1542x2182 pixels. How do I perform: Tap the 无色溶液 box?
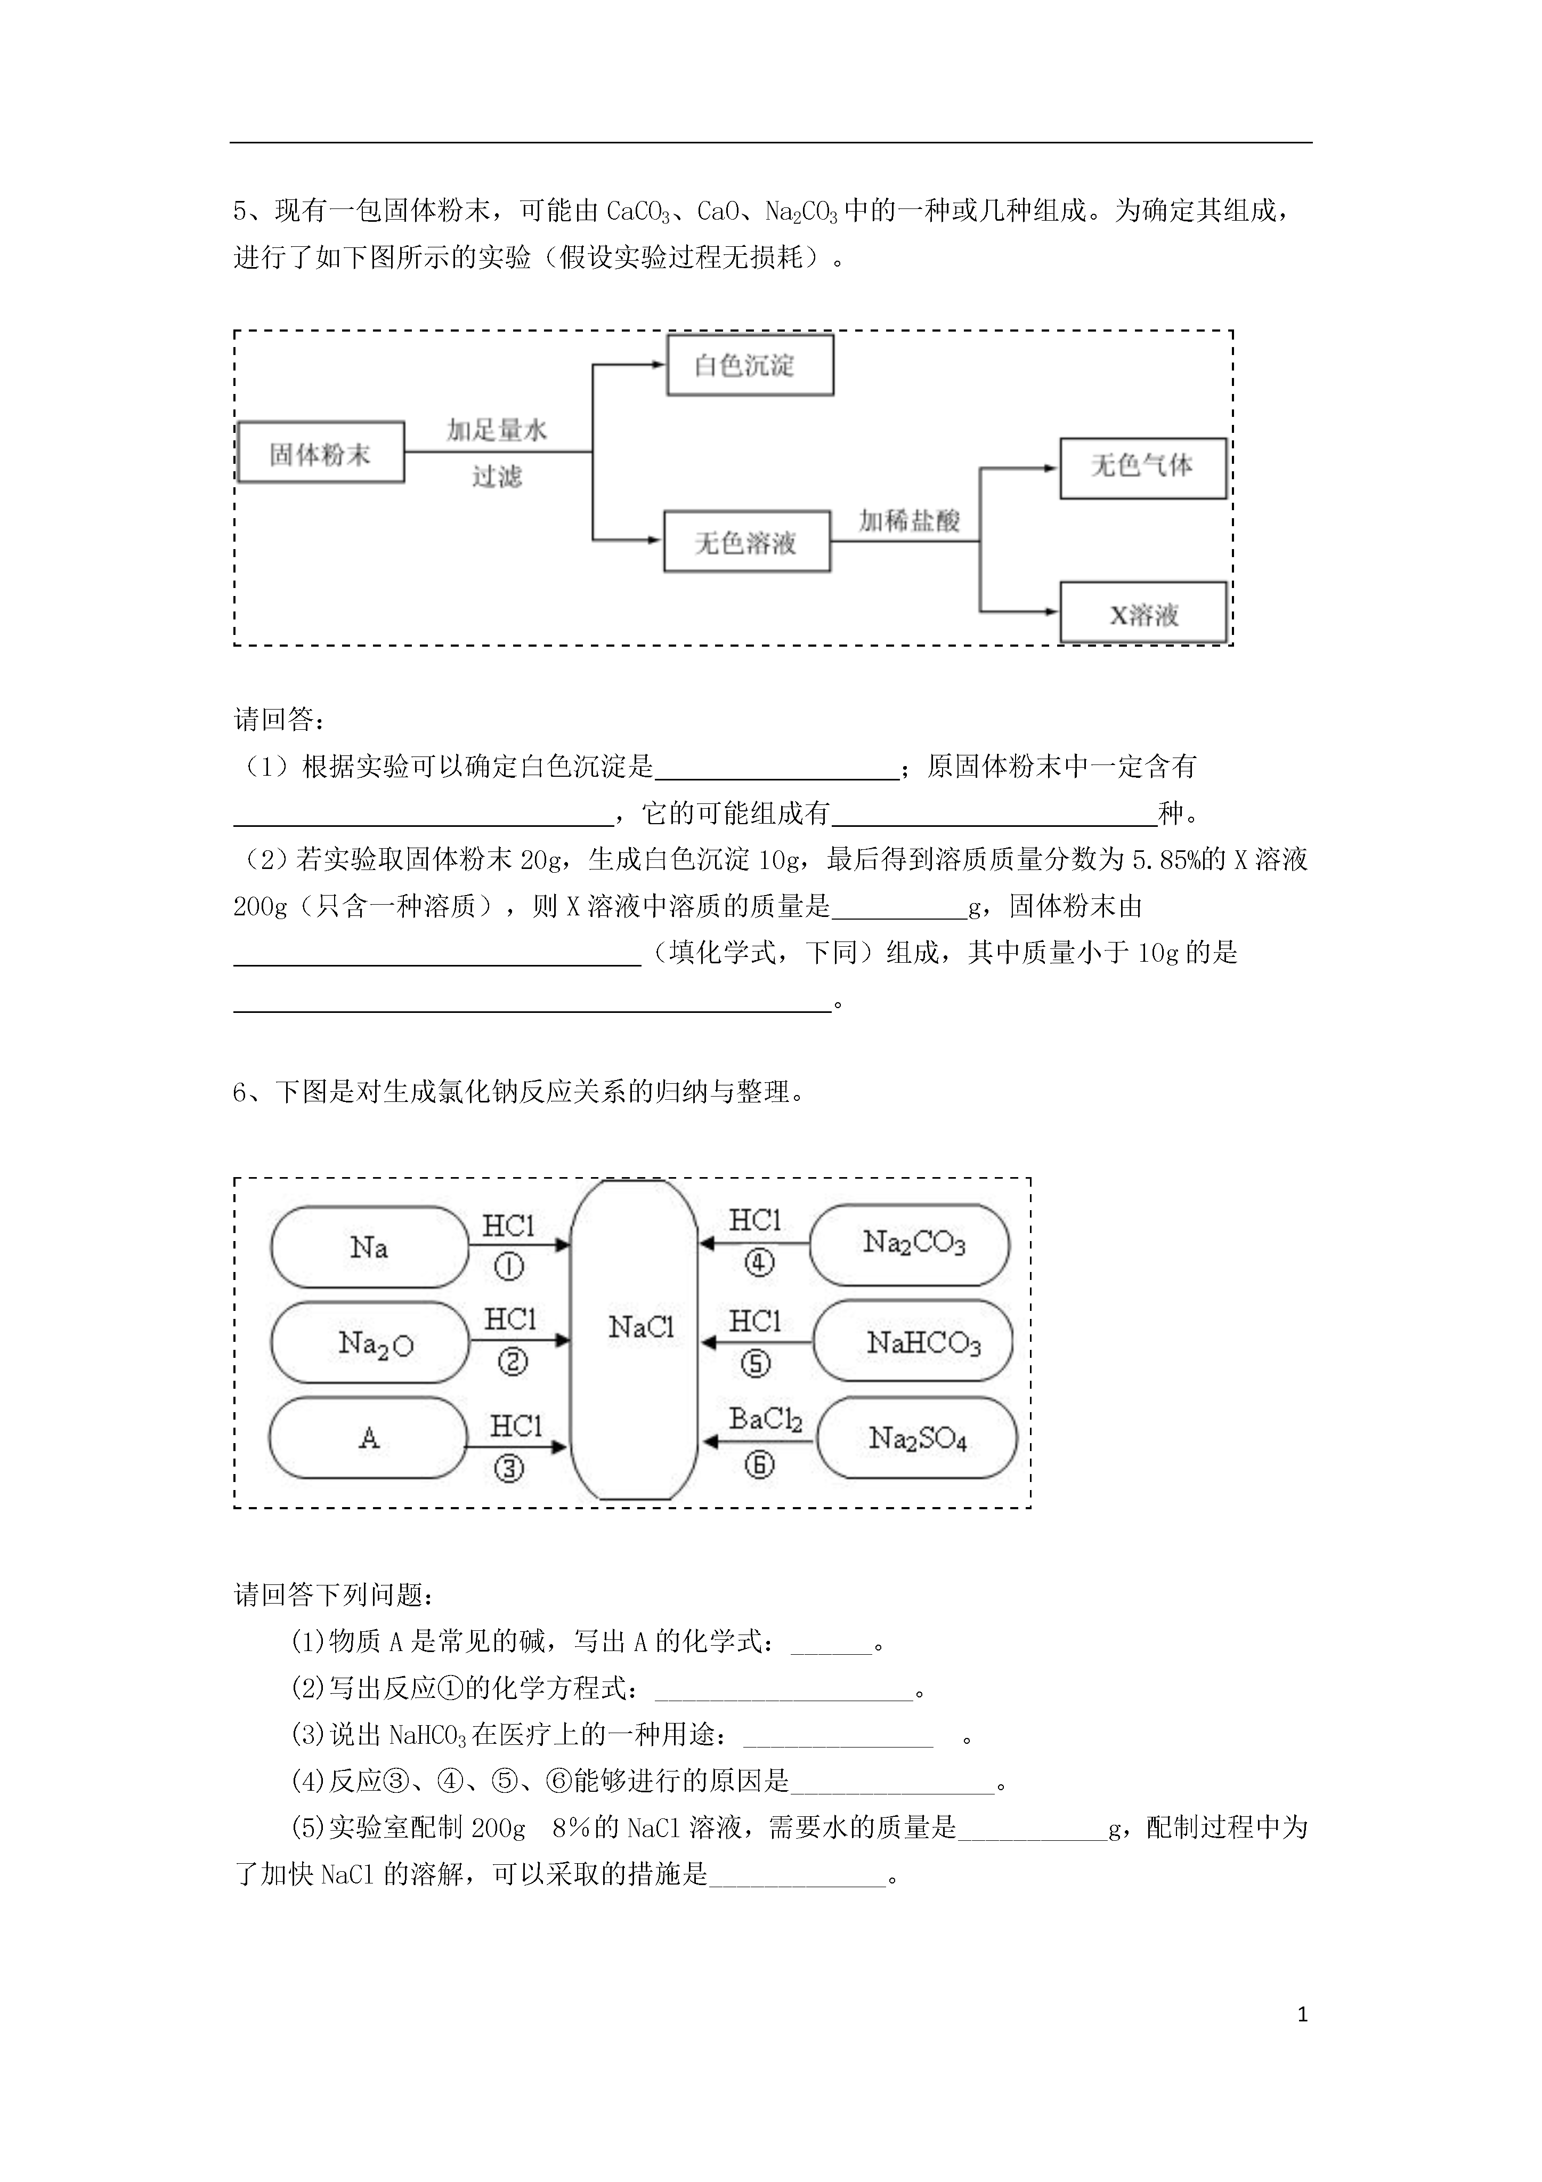click(747, 542)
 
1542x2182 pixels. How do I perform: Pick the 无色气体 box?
click(1143, 468)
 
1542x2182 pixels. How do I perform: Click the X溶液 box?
click(1143, 613)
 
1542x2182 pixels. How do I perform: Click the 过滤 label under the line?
click(497, 476)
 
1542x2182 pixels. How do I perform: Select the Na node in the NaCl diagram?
click(370, 1247)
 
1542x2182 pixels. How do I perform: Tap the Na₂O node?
click(370, 1342)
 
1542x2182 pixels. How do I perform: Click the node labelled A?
click(369, 1438)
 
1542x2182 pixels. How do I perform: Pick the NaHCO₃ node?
click(913, 1341)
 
